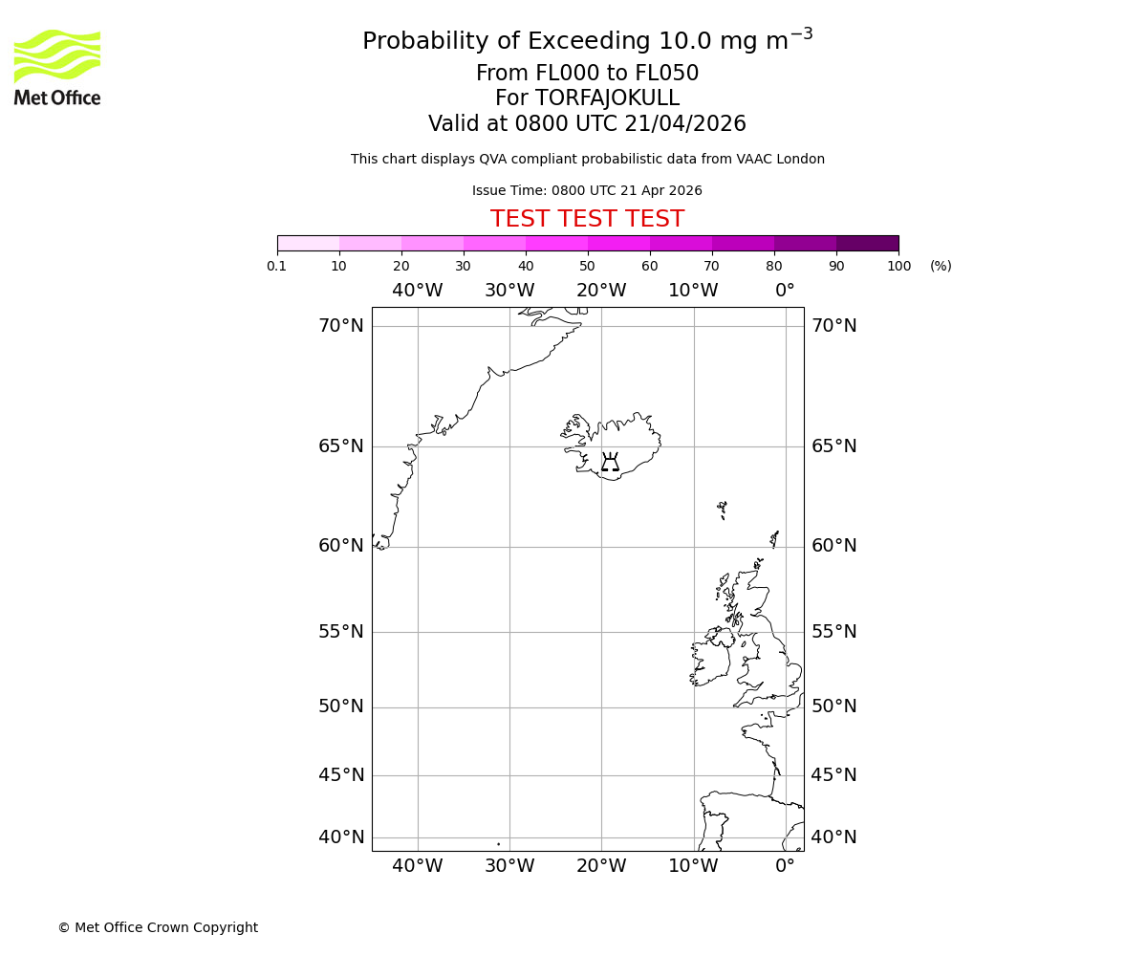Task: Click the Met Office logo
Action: pos(57,67)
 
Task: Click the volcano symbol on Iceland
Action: pos(610,463)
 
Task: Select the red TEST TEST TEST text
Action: pos(587,220)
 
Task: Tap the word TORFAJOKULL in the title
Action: pos(607,98)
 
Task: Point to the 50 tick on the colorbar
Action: pos(587,266)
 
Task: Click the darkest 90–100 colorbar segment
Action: pos(867,243)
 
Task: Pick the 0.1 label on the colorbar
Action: pos(277,266)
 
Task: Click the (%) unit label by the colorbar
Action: pos(941,266)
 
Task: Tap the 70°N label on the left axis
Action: pos(341,326)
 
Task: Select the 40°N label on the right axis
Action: pos(833,837)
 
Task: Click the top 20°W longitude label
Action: pos(601,291)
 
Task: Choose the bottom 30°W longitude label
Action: pos(509,866)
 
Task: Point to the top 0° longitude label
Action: pos(785,291)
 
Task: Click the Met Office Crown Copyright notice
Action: pos(158,927)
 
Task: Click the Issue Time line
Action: pos(587,191)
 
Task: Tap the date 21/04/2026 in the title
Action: pos(685,124)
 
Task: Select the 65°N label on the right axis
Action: pos(833,446)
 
